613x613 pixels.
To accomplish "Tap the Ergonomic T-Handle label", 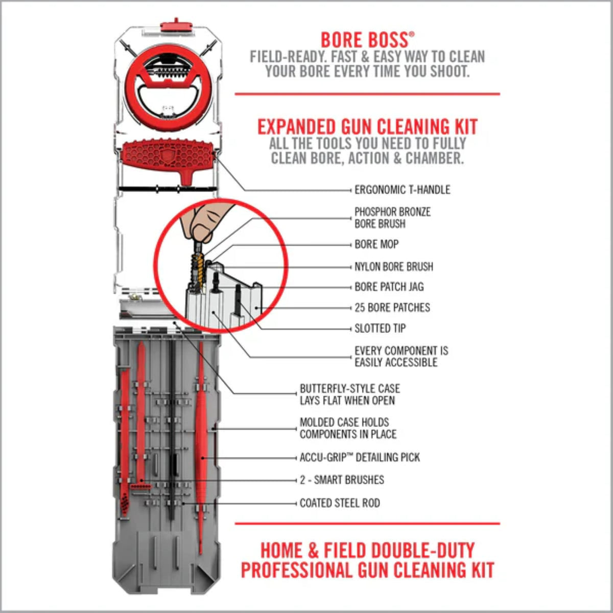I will tap(402, 190).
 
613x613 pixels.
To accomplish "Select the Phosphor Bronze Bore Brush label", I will tap(392, 218).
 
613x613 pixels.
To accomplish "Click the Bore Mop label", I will tap(376, 244).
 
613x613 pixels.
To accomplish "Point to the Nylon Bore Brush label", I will tap(393, 266).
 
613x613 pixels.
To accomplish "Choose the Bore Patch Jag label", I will tap(389, 287).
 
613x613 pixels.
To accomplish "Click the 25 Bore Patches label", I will tap(392, 308).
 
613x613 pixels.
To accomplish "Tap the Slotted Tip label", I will tap(380, 328).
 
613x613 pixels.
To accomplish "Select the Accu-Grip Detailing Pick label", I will tap(360, 457).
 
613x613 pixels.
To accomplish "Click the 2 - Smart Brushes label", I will tap(342, 480).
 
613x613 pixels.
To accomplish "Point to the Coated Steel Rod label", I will tap(340, 503).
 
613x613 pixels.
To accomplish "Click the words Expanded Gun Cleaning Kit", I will tap(367, 127).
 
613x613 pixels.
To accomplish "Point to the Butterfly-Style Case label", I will tap(349, 394).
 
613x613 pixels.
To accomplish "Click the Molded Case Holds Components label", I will tap(347, 428).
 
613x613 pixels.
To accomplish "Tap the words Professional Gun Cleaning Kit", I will tap(367, 570).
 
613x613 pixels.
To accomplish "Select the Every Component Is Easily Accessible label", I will tap(401, 357).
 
